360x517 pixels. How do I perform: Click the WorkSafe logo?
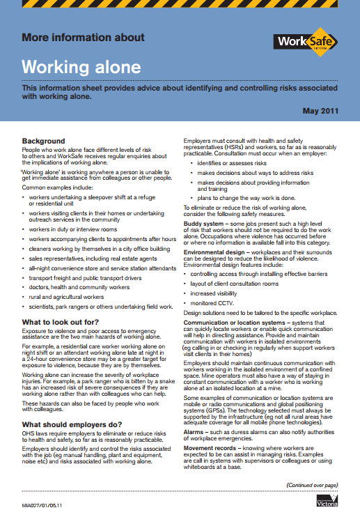pyautogui.click(x=307, y=43)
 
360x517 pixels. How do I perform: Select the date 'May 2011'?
pyautogui.click(x=320, y=111)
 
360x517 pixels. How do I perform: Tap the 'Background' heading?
pyautogui.click(x=43, y=141)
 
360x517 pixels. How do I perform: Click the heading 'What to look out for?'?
pyautogui.click(x=61, y=321)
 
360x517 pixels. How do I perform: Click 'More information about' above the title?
pyautogui.click(x=83, y=37)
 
